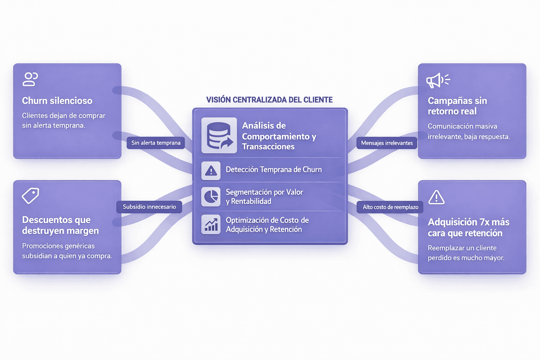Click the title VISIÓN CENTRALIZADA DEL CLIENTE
tap(269, 100)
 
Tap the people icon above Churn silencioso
tap(30, 79)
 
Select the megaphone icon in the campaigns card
tap(437, 81)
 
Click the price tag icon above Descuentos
tap(30, 195)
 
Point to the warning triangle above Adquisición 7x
tap(436, 197)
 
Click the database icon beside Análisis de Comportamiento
tap(219, 135)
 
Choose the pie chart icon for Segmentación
tap(211, 197)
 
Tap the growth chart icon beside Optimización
tap(211, 224)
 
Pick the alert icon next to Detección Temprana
tap(211, 171)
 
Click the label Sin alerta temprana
tap(156, 143)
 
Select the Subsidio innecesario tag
tap(149, 207)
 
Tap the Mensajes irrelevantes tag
tap(387, 143)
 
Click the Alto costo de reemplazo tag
tap(390, 207)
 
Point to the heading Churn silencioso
tap(57, 101)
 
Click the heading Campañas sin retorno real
tap(457, 106)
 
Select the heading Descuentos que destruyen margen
tap(60, 225)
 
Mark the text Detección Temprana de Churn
tap(274, 169)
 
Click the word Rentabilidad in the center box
tap(251, 201)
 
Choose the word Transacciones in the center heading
tap(268, 147)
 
